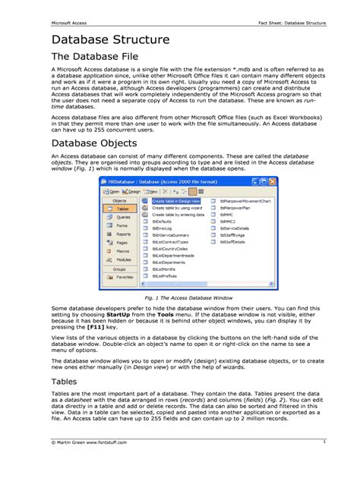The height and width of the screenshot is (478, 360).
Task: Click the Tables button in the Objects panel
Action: [119, 209]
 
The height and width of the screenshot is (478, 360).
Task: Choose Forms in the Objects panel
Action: [119, 226]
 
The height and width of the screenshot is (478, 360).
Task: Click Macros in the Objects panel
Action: [120, 251]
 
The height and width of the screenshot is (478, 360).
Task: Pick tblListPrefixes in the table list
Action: [165, 276]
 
